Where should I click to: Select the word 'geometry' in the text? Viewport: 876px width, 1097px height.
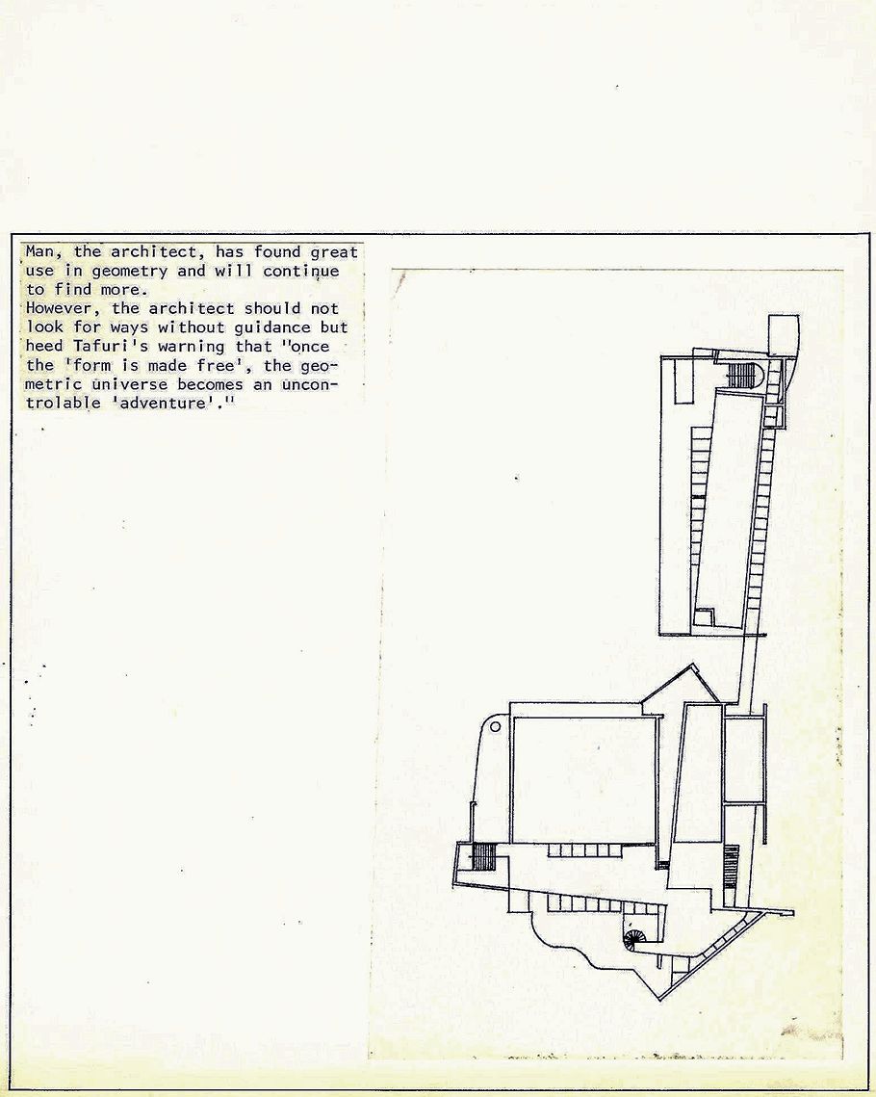[x=129, y=272]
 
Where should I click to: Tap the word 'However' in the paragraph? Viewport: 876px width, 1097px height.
[x=59, y=308]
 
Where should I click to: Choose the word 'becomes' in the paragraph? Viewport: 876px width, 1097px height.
[x=211, y=384]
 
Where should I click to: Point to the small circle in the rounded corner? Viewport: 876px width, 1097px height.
[x=495, y=726]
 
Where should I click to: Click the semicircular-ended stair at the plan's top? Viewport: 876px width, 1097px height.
[x=742, y=375]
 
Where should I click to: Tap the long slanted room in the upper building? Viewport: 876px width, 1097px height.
[x=727, y=510]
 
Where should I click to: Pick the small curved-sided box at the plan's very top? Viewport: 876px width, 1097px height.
[x=784, y=335]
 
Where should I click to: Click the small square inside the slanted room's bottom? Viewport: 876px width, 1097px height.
[x=704, y=617]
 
